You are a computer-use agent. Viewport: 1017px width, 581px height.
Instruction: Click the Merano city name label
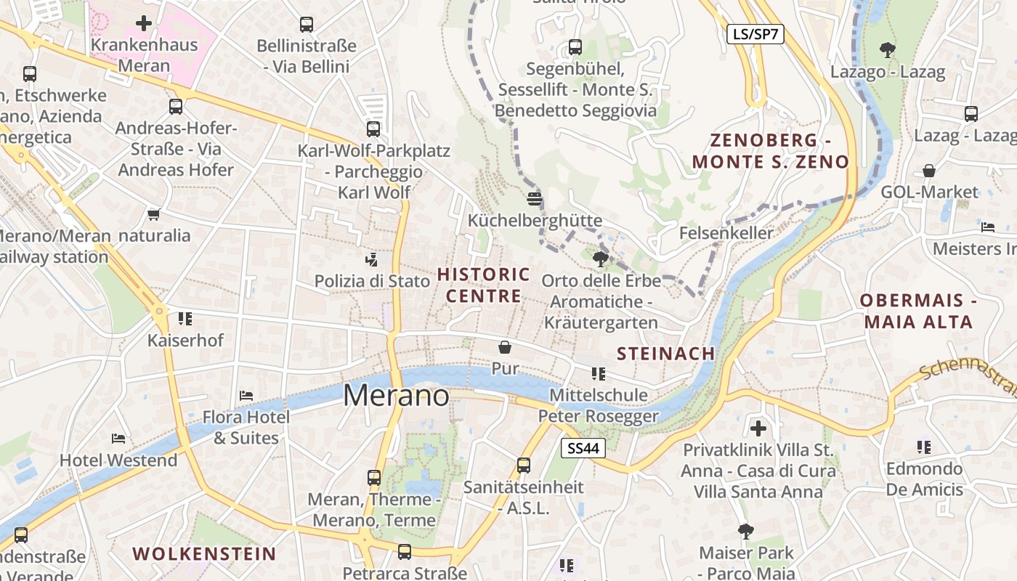click(x=396, y=395)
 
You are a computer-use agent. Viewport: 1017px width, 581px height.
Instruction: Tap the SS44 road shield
click(x=583, y=448)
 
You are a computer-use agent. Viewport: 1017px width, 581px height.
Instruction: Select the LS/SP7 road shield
click(x=755, y=33)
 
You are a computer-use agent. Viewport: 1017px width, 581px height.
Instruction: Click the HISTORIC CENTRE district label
click(x=484, y=285)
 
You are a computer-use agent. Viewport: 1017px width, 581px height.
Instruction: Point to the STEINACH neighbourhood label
click(x=665, y=354)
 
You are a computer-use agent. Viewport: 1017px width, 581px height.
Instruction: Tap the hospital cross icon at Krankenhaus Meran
click(x=144, y=23)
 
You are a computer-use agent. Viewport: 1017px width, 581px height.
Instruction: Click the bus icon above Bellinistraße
click(x=307, y=25)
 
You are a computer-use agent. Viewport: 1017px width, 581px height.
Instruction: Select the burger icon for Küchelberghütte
click(x=535, y=198)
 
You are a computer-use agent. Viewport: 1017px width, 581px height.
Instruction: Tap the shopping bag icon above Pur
click(x=505, y=348)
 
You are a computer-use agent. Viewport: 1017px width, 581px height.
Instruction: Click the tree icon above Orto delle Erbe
click(x=600, y=259)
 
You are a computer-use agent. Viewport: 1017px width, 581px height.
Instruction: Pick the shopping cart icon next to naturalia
click(x=153, y=214)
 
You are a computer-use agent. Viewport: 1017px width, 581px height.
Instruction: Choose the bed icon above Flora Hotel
click(x=246, y=396)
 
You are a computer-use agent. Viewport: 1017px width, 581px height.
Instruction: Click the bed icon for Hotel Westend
click(x=118, y=438)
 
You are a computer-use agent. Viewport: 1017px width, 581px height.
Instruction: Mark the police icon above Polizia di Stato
click(x=372, y=259)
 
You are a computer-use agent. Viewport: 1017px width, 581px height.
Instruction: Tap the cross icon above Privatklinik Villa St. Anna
click(x=758, y=428)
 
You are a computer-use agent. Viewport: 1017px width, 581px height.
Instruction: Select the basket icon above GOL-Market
click(x=929, y=171)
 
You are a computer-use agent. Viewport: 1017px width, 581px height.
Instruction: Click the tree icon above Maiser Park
click(x=745, y=531)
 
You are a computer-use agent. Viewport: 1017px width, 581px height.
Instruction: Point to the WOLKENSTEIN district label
click(x=204, y=553)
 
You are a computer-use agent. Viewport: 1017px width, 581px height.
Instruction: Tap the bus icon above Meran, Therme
click(x=374, y=478)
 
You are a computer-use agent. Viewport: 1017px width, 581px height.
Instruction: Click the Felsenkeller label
click(x=726, y=233)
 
